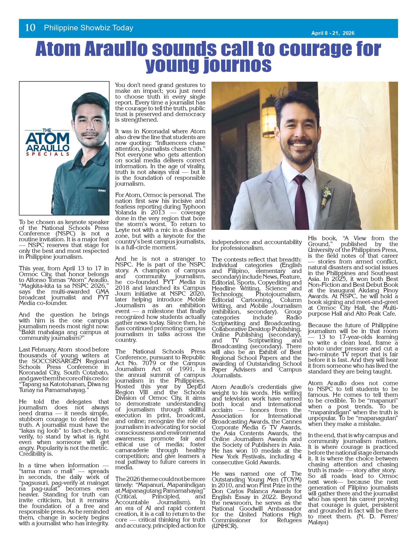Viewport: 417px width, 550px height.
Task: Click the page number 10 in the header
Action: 30,28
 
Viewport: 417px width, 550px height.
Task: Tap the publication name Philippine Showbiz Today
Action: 88,28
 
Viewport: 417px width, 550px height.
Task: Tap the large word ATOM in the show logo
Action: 47,139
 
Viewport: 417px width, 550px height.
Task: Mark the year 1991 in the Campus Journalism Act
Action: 187,369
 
